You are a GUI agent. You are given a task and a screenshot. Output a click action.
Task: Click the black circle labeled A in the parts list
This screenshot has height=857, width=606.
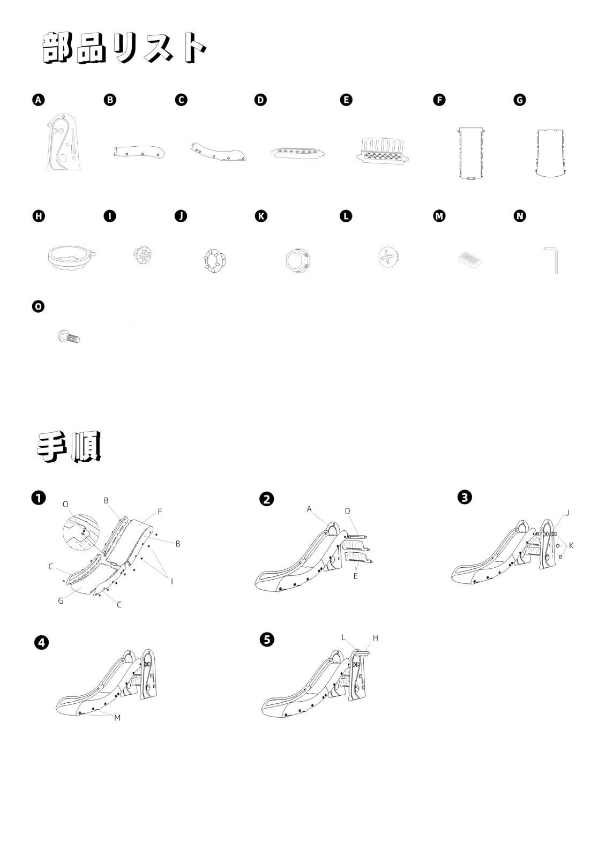pos(38,100)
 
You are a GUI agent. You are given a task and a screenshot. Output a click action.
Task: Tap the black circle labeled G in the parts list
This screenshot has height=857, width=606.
pos(520,100)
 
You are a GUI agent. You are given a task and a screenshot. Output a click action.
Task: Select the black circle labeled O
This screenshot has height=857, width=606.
pos(38,306)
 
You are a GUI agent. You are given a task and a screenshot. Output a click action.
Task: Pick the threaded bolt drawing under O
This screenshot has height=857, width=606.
pos(69,337)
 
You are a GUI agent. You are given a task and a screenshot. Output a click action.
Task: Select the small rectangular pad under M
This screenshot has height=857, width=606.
pos(470,260)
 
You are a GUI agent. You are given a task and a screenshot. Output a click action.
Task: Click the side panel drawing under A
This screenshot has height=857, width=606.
pos(64,141)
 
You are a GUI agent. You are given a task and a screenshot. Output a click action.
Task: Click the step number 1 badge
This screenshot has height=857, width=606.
pos(39,498)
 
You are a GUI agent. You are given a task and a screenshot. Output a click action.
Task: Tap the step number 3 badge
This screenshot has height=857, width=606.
pos(465,498)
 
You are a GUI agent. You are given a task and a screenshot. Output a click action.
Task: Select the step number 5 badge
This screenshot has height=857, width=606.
pos(267,640)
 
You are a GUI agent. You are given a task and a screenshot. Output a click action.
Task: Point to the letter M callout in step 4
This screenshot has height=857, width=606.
pos(117,718)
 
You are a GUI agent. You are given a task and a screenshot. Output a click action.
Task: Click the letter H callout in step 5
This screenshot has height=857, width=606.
pos(376,638)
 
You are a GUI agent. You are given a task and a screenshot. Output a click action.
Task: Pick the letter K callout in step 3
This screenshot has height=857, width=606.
pos(571,545)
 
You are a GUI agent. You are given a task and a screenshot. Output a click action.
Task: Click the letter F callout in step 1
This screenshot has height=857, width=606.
pos(160,512)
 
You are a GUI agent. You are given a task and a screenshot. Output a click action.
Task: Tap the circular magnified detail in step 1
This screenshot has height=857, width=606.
pos(81,533)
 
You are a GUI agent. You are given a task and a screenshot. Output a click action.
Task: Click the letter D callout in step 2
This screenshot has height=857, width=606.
pos(347,511)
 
